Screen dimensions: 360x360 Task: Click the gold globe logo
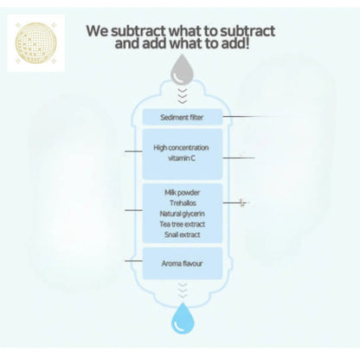[35, 43]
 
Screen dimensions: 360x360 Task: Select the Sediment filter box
[183, 117]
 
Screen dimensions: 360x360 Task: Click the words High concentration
[181, 148]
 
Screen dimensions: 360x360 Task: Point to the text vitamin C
[182, 158]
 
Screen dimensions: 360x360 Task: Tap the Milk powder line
[182, 192]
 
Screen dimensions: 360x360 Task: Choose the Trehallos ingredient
[183, 203]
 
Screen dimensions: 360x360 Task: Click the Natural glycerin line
[182, 214]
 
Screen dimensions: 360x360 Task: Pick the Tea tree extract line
[183, 224]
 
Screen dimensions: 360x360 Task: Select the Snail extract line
[182, 235]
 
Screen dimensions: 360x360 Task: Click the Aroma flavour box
[183, 263]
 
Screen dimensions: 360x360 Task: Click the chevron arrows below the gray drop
[183, 95]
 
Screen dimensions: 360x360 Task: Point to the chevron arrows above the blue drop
[183, 291]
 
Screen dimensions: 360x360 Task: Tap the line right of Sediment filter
[248, 117]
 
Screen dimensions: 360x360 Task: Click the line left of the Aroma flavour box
[133, 260]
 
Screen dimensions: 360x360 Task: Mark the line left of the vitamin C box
[133, 151]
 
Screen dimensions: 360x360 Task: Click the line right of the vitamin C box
[239, 157]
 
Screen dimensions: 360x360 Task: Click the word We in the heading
[97, 31]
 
